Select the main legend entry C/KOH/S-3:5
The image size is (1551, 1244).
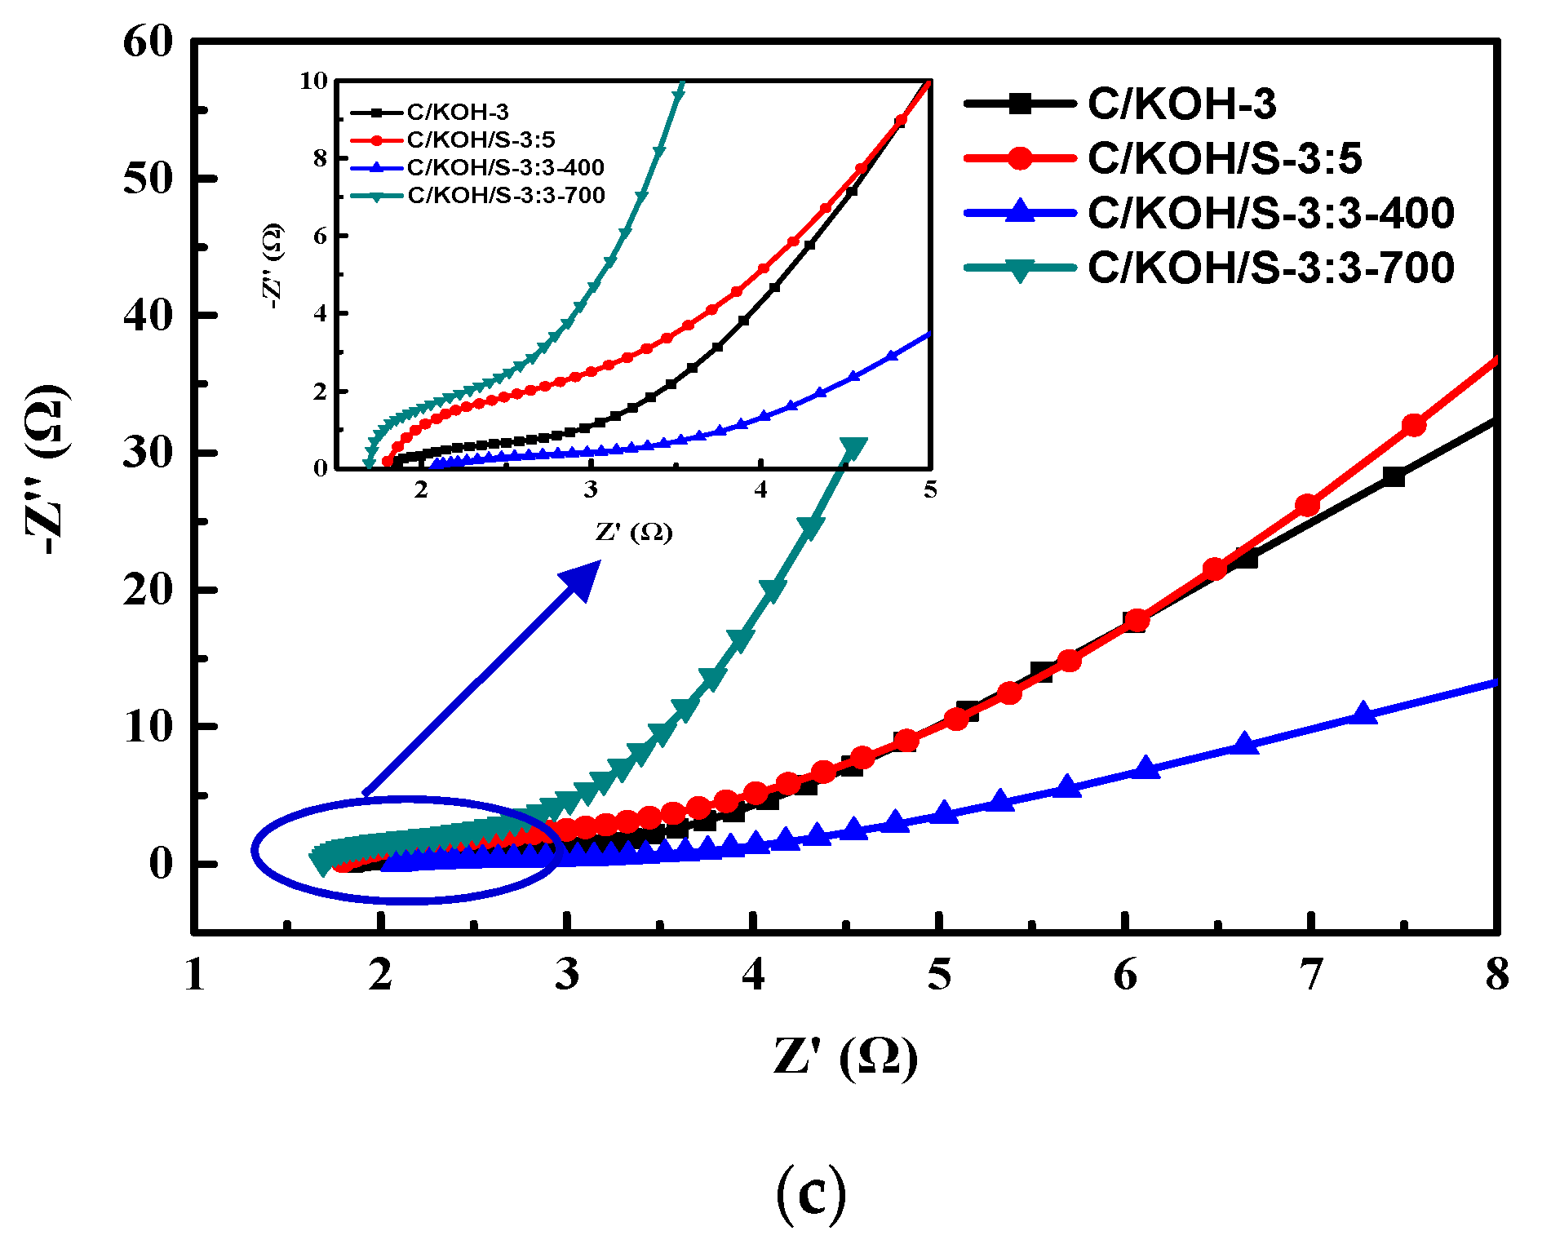[1224, 157]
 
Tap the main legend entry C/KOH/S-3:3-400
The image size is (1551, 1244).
[1270, 213]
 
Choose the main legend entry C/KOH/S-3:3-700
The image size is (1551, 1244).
[1270, 268]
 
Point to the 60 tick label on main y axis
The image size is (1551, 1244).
[148, 42]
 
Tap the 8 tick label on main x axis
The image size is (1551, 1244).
[1496, 975]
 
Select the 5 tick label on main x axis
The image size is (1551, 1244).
[939, 975]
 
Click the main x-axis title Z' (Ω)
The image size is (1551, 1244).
[845, 1058]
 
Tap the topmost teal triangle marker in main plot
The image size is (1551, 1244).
[853, 449]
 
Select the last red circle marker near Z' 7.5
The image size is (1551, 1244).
[1413, 425]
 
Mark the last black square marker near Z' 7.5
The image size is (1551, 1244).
[1394, 477]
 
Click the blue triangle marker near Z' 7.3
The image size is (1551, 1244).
[1362, 714]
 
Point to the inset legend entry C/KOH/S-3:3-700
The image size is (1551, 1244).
[506, 195]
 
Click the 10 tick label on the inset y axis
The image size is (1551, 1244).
[313, 81]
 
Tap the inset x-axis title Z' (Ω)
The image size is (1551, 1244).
[634, 533]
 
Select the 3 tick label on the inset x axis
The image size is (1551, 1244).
[591, 490]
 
